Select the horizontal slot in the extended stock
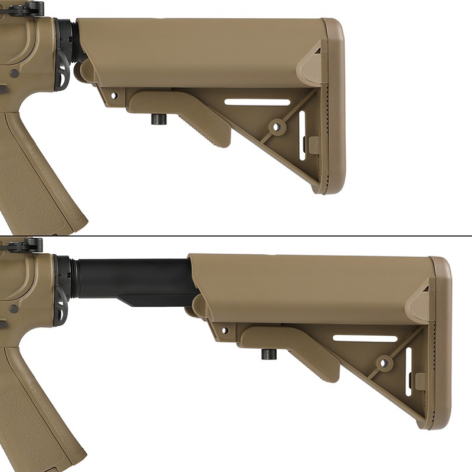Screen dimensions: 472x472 pos(365,339)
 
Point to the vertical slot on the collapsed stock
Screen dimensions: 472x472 pos(302,135)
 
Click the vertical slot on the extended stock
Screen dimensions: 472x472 pos(409,372)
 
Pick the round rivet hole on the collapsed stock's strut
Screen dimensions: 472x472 pos(277,126)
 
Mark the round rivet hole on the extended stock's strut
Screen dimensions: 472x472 pos(385,363)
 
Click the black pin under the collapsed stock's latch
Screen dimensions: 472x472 pos(158,119)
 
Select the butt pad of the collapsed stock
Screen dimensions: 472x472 pos(333,106)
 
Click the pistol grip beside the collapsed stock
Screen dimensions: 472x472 pos(35,171)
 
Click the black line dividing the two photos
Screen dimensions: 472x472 pos(236,236)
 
